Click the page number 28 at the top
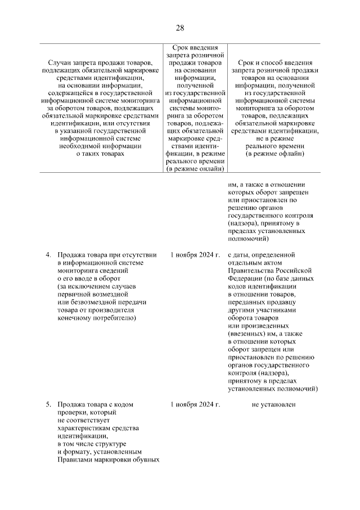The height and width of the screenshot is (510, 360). (180, 28)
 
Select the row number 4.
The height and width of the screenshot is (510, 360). (48, 255)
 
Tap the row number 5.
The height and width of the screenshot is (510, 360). (48, 405)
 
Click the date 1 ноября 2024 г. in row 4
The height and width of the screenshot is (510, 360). (195, 255)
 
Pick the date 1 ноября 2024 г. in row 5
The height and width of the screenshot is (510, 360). (195, 405)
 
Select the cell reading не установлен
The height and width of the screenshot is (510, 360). (274, 405)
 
